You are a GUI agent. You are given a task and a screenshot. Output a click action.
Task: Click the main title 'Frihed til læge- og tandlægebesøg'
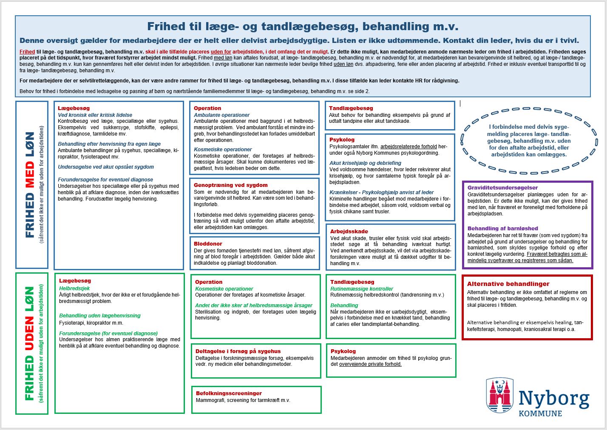tap(303, 27)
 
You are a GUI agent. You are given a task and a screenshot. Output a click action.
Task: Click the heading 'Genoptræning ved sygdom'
tap(231, 185)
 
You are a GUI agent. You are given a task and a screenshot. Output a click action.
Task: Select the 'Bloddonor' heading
tap(208, 244)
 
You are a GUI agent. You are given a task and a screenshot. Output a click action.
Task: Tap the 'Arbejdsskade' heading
tap(349, 232)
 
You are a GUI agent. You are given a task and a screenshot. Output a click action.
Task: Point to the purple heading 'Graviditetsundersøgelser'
tap(502, 188)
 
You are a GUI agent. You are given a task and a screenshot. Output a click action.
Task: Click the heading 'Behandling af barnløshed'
tap(503, 229)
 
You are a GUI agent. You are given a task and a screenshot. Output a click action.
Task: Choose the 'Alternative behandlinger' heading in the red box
tap(508, 284)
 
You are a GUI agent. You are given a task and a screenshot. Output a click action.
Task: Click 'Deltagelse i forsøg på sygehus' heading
tap(238, 351)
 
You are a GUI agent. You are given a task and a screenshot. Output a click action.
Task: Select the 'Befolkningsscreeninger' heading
tap(229, 393)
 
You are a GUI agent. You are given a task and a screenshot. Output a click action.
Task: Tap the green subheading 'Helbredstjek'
tap(74, 289)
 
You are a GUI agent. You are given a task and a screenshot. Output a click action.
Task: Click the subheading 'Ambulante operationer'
tap(222, 115)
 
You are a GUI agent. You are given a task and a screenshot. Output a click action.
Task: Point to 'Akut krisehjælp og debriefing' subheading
tap(365, 163)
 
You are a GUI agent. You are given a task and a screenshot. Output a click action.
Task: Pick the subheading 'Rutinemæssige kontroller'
tap(362, 289)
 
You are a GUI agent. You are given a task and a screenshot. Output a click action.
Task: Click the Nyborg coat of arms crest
tap(500, 395)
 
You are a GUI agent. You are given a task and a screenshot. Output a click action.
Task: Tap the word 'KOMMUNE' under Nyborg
tap(540, 413)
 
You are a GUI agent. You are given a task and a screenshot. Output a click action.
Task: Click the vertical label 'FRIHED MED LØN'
tap(30, 184)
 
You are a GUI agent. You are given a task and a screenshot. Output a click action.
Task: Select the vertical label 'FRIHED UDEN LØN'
tap(29, 343)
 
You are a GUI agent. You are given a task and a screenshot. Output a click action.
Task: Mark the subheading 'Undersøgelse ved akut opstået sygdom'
tap(106, 167)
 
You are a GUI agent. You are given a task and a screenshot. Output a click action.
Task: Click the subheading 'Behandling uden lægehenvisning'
tap(99, 316)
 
